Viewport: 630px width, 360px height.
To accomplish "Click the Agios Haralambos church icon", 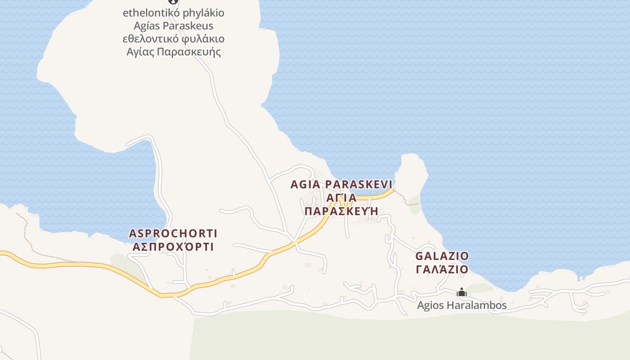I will [x=462, y=292].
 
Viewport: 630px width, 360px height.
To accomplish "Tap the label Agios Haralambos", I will [x=462, y=305].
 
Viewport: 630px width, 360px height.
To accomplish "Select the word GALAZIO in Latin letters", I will [x=442, y=256].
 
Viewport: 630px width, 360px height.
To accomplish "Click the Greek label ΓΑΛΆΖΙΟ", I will [x=442, y=269].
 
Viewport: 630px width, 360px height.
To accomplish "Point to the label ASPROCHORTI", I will [x=173, y=233].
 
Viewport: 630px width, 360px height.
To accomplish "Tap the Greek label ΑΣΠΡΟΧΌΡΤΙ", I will [x=173, y=247].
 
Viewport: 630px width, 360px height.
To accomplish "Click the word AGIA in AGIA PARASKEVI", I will [x=306, y=184].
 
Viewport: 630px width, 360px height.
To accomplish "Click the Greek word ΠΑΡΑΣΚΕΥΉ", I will [x=340, y=211].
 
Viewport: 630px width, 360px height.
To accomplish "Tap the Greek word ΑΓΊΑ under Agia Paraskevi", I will [x=341, y=198].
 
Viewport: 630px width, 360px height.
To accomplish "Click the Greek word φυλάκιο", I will [x=205, y=39].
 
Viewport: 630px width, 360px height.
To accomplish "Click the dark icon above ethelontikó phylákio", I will [x=171, y=1].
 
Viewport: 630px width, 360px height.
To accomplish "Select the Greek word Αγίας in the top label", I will [x=140, y=52].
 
